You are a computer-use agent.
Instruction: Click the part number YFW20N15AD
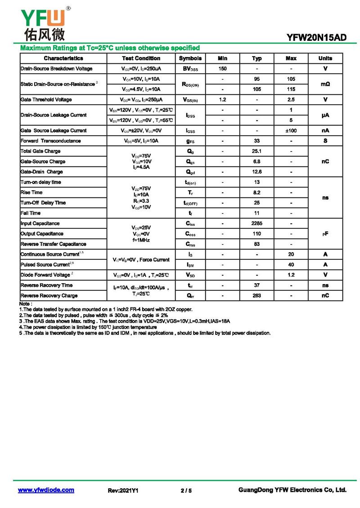[x=317, y=38]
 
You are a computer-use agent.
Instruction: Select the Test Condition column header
[x=141, y=58]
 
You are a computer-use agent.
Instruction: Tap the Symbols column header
[x=190, y=58]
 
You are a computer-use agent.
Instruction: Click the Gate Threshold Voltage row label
[x=46, y=99]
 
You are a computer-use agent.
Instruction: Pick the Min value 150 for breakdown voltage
[x=222, y=69]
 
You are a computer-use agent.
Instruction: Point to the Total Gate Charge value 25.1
[x=257, y=151]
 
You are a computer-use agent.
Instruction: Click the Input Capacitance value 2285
[x=257, y=223]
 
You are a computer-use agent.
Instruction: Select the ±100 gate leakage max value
[x=291, y=130]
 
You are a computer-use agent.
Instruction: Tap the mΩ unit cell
[x=325, y=84]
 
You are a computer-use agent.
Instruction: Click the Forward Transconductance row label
[x=51, y=141]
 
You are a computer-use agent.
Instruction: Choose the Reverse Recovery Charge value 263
[x=257, y=296]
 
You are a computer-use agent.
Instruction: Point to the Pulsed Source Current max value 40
[x=291, y=265]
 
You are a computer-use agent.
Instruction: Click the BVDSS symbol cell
[x=190, y=69]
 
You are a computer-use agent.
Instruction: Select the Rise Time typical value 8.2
[x=257, y=192]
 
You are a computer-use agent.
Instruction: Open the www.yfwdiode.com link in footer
[x=46, y=490]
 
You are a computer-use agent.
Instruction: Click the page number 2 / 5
[x=186, y=490]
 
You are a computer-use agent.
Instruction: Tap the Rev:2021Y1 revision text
[x=123, y=490]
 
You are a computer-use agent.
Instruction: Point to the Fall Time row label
[x=31, y=213]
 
